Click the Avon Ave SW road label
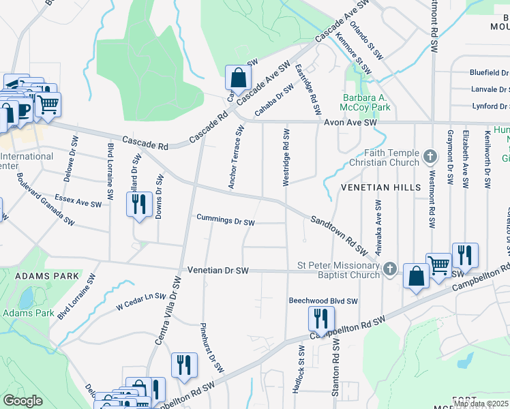pos(350,123)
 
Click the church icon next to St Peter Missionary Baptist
pos(389,269)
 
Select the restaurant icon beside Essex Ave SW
pos(139,204)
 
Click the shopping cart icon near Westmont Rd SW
pos(438,264)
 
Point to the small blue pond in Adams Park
pos(27,298)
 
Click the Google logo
pos(22,401)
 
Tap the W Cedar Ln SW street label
pos(141,301)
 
